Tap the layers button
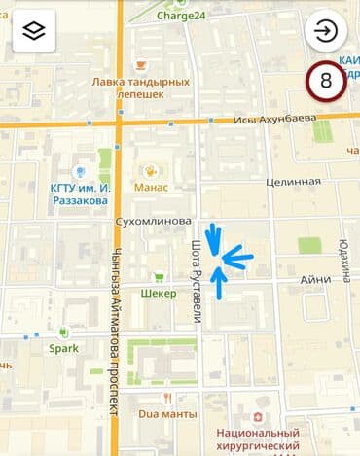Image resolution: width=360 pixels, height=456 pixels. (x=34, y=31)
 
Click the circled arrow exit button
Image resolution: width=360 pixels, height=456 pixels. (x=326, y=31)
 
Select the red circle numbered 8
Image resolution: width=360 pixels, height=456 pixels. (x=326, y=82)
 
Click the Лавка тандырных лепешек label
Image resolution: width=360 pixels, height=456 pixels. (x=140, y=89)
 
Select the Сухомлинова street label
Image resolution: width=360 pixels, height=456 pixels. (x=153, y=221)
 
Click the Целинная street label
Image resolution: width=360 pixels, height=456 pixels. (x=293, y=182)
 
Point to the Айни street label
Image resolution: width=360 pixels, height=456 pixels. (x=315, y=279)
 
